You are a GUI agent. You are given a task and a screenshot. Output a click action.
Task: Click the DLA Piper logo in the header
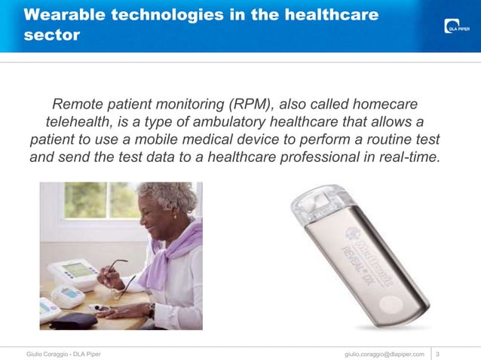click(455, 28)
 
